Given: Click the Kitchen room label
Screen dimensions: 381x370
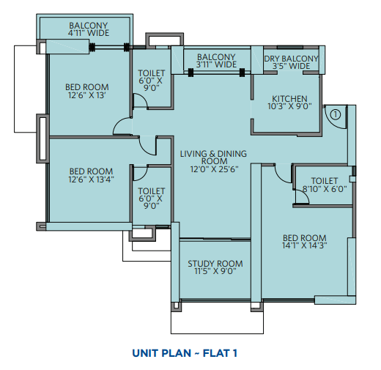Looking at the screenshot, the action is pos(289,99).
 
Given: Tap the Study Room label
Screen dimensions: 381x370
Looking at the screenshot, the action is pos(215,264).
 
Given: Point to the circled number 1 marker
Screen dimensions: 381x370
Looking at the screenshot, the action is pos(336,114).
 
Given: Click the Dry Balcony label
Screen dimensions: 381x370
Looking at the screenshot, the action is pos(291,59).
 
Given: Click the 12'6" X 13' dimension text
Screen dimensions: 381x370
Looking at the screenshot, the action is pos(87,95).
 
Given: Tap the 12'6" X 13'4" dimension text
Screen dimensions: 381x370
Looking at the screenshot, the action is pos(91,180).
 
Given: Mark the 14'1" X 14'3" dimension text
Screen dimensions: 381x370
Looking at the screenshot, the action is pos(305,245).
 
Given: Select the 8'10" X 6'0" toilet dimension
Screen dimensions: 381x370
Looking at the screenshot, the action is pos(325,189).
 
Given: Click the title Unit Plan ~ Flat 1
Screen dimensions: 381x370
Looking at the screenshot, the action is pos(185,353).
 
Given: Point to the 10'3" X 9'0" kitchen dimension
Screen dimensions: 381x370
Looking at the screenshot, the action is pos(289,106).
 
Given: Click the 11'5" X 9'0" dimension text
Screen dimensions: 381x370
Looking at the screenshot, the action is pos(215,271).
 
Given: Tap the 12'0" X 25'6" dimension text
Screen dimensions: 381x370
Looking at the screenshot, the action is pos(214,169).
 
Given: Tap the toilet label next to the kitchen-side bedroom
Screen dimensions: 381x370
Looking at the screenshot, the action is pos(325,181).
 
